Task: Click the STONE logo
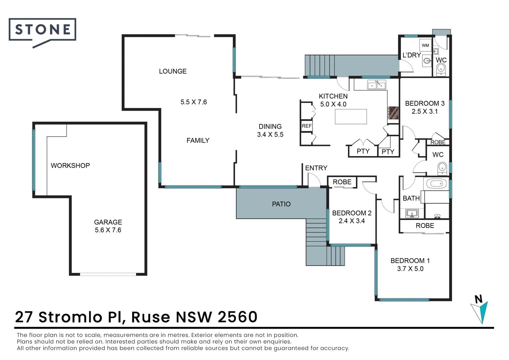[x=42, y=33]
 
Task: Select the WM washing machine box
[x=425, y=45]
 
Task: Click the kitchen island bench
[x=351, y=116]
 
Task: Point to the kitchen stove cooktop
[x=393, y=113]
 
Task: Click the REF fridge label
[x=306, y=126]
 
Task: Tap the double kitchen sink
[x=377, y=85]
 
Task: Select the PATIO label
[x=281, y=204]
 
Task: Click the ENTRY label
[x=316, y=168]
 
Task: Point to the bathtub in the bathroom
[x=436, y=184]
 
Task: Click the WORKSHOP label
[x=70, y=165]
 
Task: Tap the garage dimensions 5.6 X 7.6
[x=108, y=230]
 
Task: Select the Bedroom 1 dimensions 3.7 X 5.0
[x=410, y=269]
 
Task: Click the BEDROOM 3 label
[x=425, y=103]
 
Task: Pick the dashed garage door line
[x=108, y=274]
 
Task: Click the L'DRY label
[x=411, y=55]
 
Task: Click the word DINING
[x=270, y=126]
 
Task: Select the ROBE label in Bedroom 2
[x=342, y=182]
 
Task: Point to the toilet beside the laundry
[x=441, y=69]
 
